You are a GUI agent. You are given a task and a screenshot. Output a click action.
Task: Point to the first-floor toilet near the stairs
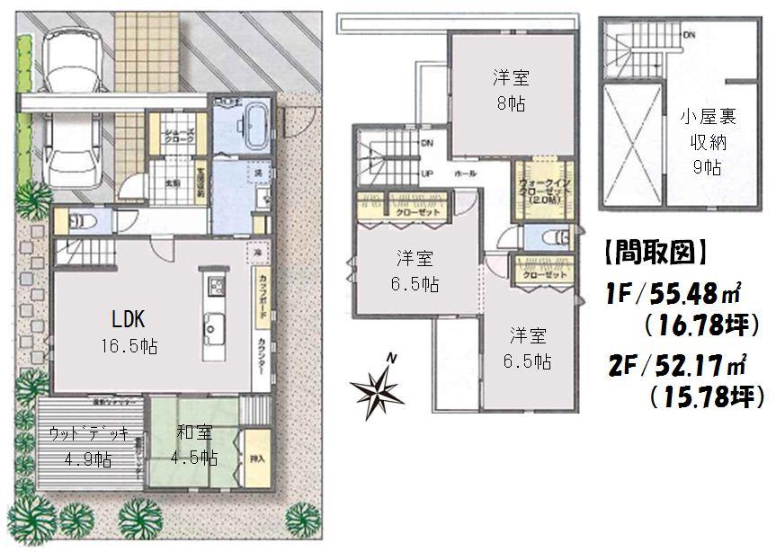pyautogui.click(x=76, y=220)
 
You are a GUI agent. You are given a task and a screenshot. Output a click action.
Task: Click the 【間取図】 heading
pyautogui.click(x=653, y=253)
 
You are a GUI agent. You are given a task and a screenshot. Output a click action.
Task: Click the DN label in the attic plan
pyautogui.click(x=688, y=35)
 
